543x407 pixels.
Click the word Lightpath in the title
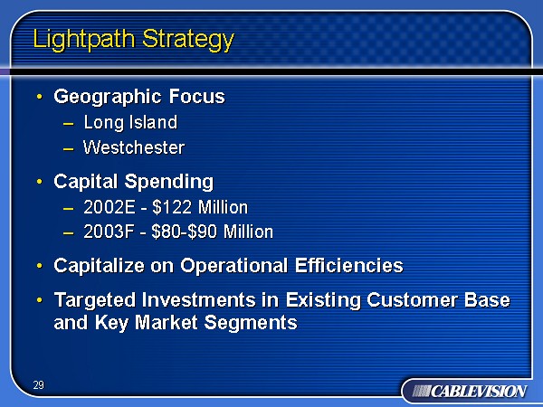pyautogui.click(x=83, y=40)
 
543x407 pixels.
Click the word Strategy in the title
pyautogui.click(x=188, y=40)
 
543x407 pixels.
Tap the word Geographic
pyautogui.click(x=108, y=98)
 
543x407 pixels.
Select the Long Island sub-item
pyautogui.click(x=130, y=122)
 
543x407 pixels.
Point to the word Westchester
pyautogui.click(x=134, y=147)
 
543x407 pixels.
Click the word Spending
pyautogui.click(x=169, y=183)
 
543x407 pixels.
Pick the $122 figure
pyautogui.click(x=172, y=207)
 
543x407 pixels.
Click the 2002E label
pyautogui.click(x=110, y=207)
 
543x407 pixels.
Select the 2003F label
pyautogui.click(x=109, y=232)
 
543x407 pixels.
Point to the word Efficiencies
pyautogui.click(x=349, y=265)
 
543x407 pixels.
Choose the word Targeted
pyautogui.click(x=94, y=300)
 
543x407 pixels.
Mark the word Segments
pyautogui.click(x=251, y=323)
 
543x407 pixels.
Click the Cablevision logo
pyautogui.click(x=470, y=392)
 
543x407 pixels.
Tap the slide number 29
pyautogui.click(x=39, y=385)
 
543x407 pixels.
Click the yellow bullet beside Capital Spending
pyautogui.click(x=40, y=182)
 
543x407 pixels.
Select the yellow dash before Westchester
pyautogui.click(x=68, y=149)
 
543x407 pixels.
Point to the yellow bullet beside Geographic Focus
pyautogui.click(x=40, y=97)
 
